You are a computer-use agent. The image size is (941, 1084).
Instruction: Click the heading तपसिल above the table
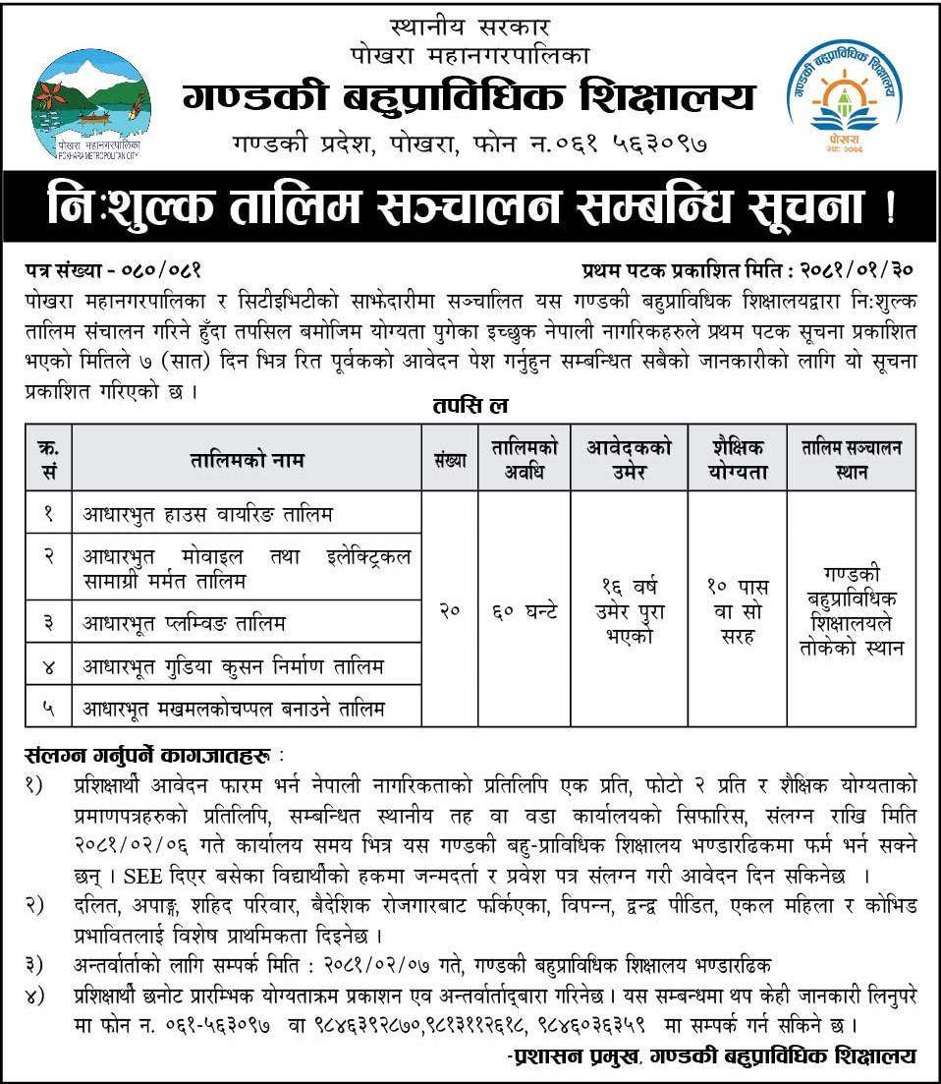tap(469, 405)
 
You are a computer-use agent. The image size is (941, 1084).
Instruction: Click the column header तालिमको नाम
tap(249, 459)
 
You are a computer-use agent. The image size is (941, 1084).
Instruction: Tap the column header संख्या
tap(449, 459)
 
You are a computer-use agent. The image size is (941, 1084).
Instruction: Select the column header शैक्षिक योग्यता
tap(737, 459)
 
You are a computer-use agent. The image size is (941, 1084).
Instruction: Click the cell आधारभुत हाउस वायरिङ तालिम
tap(208, 513)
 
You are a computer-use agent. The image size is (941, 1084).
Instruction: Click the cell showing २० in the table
tap(450, 610)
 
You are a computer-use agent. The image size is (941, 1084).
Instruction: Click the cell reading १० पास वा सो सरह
tap(737, 610)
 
